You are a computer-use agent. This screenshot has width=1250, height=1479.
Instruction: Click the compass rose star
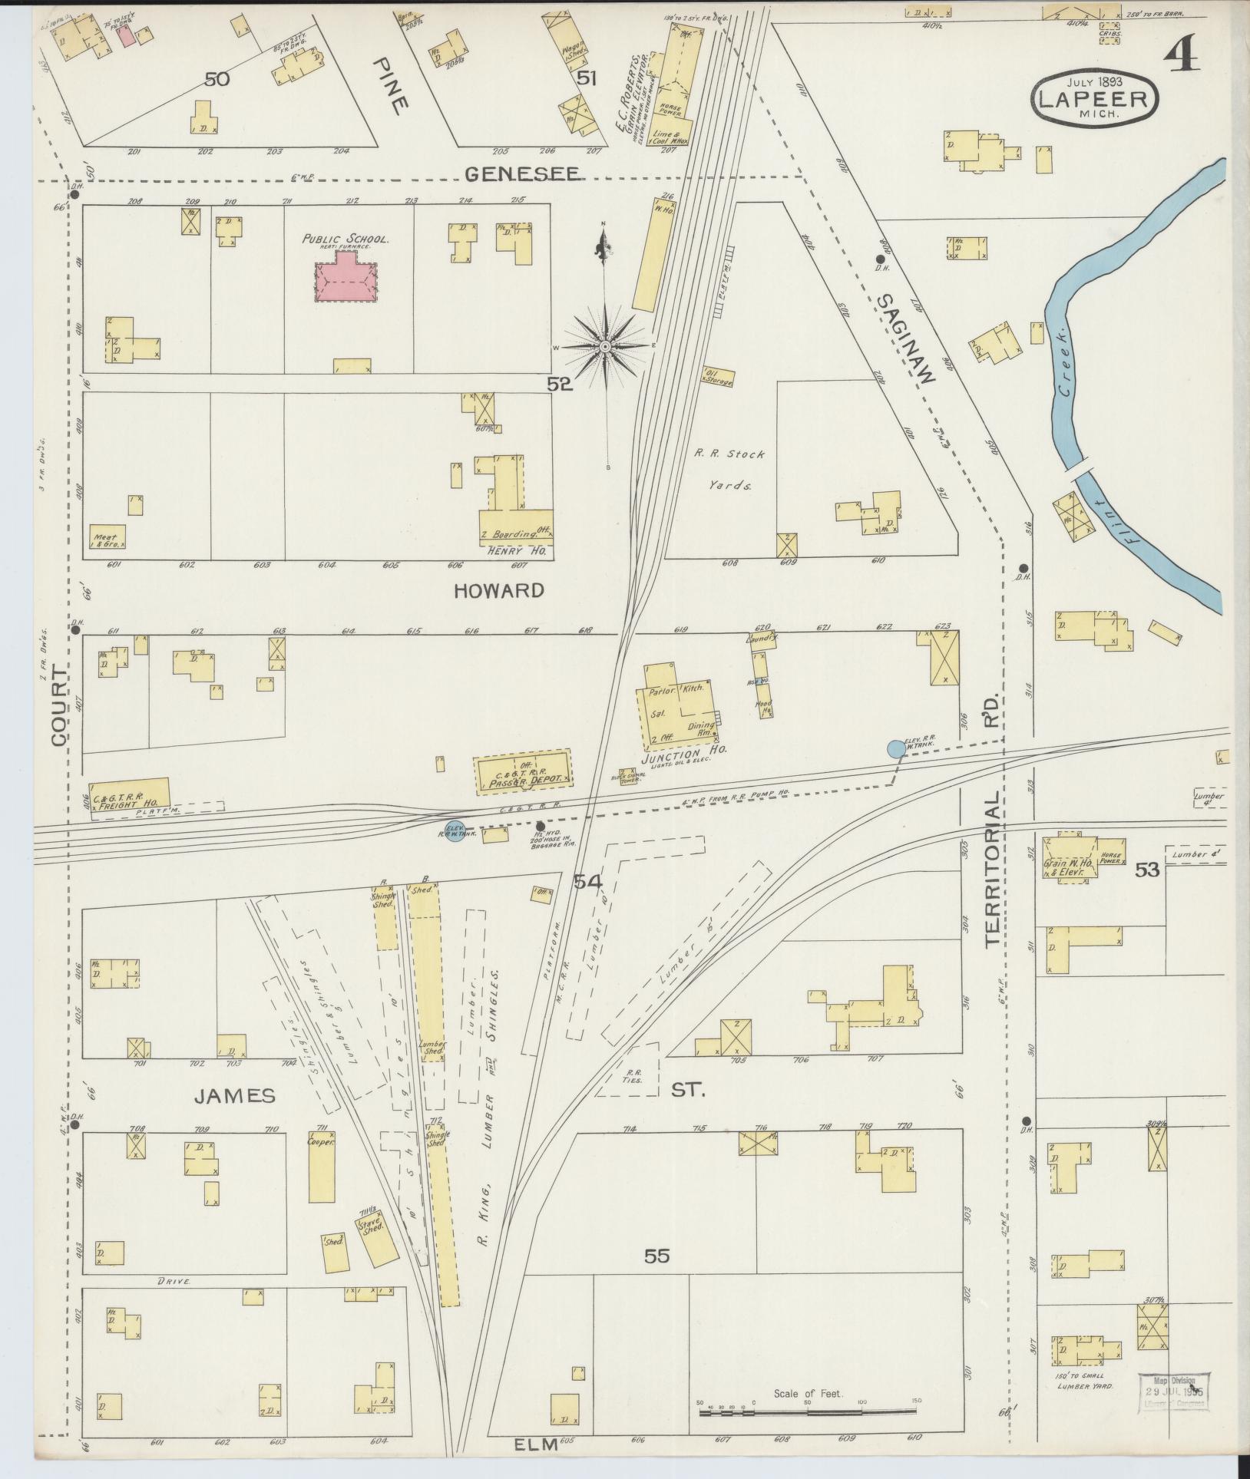click(x=606, y=347)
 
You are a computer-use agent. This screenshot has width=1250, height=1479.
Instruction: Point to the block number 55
click(x=657, y=1256)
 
